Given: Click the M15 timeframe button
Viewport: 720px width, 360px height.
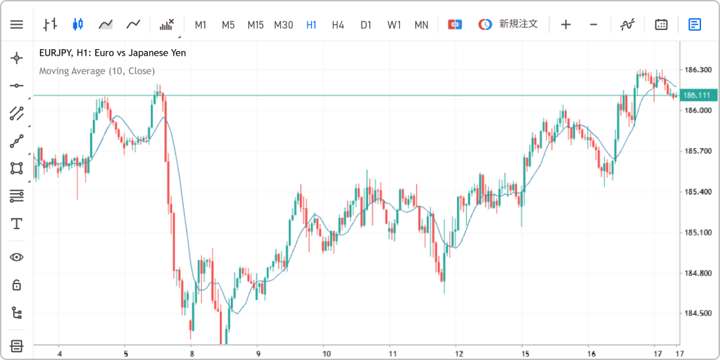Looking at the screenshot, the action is (x=255, y=25).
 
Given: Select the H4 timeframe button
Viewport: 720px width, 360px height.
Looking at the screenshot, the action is (x=338, y=25).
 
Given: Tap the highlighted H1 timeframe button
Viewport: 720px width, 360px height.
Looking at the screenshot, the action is (x=312, y=25).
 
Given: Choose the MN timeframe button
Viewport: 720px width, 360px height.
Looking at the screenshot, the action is (x=421, y=25).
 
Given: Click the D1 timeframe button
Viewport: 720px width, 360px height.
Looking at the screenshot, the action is (x=365, y=25).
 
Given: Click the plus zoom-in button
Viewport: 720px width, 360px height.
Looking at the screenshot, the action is (x=566, y=24).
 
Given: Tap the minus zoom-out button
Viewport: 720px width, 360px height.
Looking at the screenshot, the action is (x=593, y=24).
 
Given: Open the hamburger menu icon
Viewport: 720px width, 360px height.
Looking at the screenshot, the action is (x=16, y=24).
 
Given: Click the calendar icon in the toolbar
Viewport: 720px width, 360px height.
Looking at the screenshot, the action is (x=661, y=24).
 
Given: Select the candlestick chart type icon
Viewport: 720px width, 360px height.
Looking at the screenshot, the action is (x=78, y=24).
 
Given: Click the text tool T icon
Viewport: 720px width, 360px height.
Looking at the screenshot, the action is (x=17, y=224).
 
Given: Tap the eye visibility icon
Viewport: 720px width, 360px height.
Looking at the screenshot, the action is (x=17, y=257).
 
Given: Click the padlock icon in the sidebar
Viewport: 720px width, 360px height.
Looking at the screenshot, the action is (x=17, y=285).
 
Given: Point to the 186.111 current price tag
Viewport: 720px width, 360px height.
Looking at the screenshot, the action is (x=697, y=96).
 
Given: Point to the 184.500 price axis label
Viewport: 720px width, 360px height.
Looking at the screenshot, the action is (x=696, y=314).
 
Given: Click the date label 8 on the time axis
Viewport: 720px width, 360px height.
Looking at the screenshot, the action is (x=192, y=353).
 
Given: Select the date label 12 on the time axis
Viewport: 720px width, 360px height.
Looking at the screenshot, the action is (x=456, y=353).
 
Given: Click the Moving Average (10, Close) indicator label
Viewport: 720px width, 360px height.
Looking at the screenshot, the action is (x=97, y=71).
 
